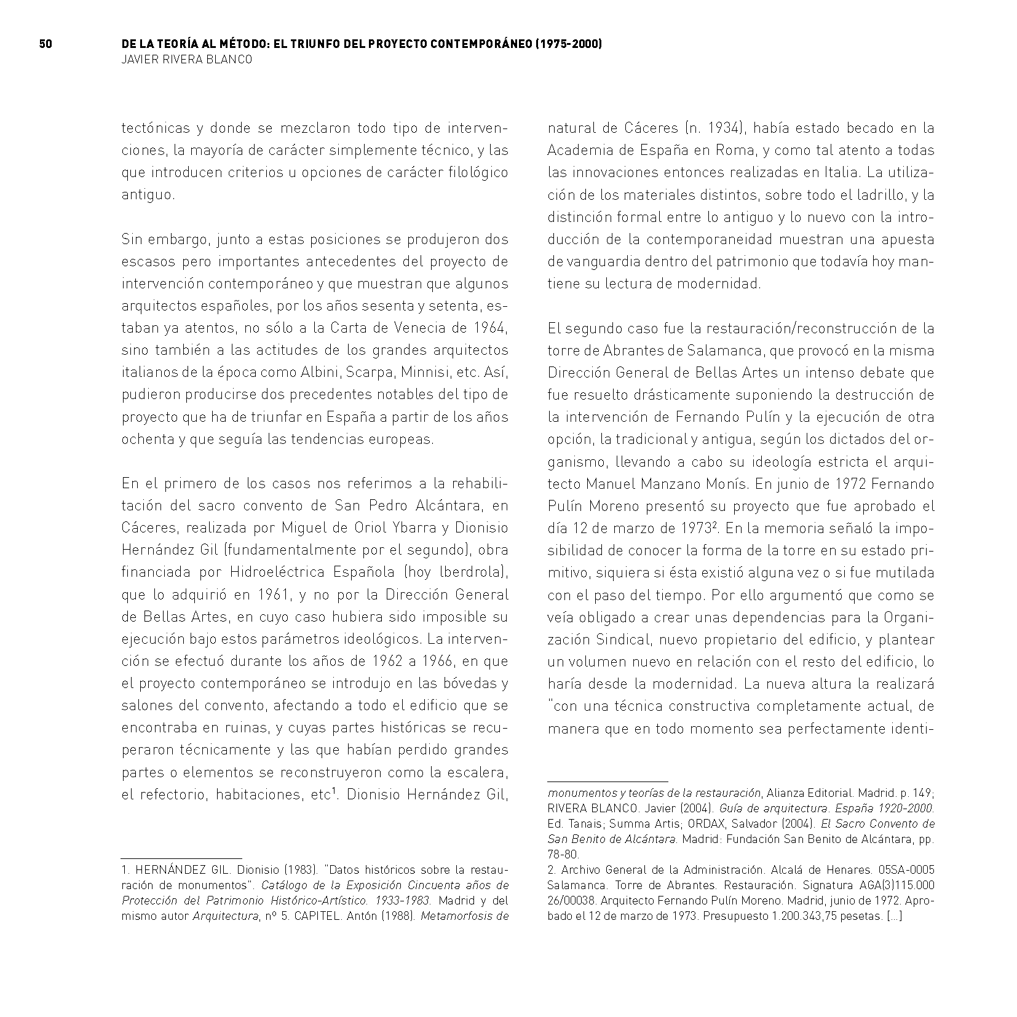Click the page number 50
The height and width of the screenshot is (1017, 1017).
[46, 44]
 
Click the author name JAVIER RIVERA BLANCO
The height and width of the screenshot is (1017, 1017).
[186, 60]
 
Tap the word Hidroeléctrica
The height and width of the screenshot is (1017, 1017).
[276, 572]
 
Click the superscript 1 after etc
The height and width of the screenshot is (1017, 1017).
[334, 791]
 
